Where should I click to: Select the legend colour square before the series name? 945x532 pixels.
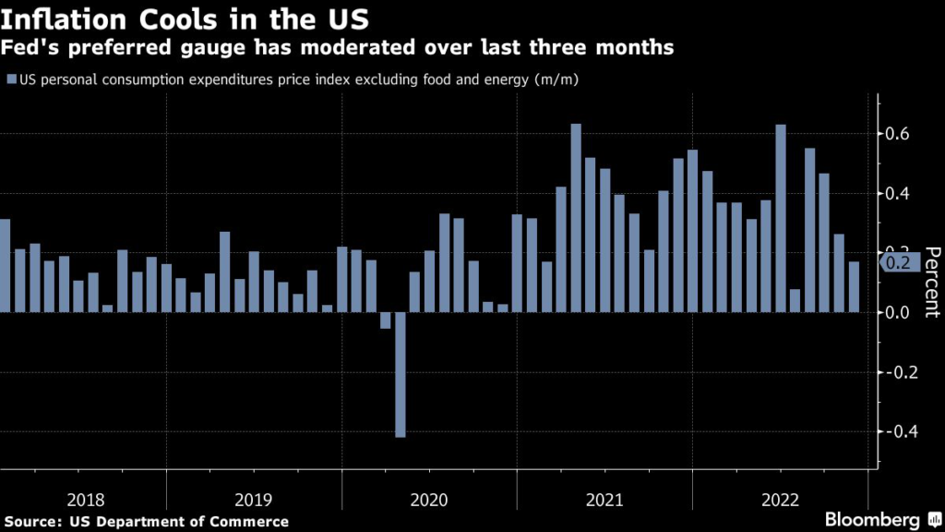pos(10,79)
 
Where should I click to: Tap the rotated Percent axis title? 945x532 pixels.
pos(931,282)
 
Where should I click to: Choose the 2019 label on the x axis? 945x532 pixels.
pos(254,500)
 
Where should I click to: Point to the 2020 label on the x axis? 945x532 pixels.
pos(429,500)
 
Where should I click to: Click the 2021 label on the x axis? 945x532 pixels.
pos(604,500)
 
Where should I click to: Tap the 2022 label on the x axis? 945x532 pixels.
pos(780,500)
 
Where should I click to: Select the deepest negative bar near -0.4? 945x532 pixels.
pos(401,374)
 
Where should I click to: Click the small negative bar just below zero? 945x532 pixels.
pos(386,320)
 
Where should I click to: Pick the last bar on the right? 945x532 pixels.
pos(854,287)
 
